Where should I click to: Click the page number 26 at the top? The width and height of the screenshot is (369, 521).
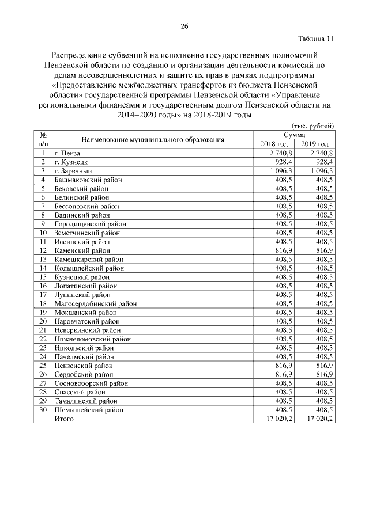pyautogui.click(x=184, y=26)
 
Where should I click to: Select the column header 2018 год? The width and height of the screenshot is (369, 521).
pyautogui.click(x=274, y=144)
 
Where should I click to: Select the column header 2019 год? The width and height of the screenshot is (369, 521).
pyautogui.click(x=315, y=144)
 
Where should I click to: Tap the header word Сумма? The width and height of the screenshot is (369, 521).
pyautogui.click(x=294, y=134)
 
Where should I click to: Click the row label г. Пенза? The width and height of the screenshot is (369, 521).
pyautogui.click(x=67, y=154)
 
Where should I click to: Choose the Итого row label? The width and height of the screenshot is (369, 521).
pyautogui.click(x=64, y=419)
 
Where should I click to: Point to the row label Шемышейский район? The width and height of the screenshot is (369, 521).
pyautogui.click(x=89, y=410)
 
